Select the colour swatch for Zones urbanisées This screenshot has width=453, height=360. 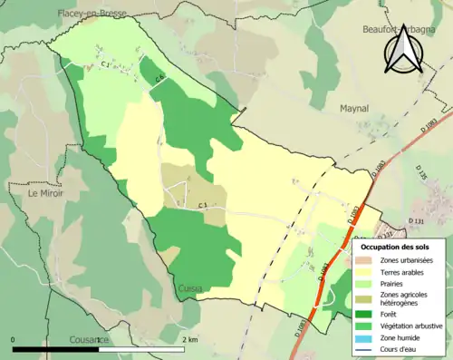coord(364,260)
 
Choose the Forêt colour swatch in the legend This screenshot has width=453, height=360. coord(364,316)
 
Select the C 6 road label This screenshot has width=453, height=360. coord(159,80)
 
